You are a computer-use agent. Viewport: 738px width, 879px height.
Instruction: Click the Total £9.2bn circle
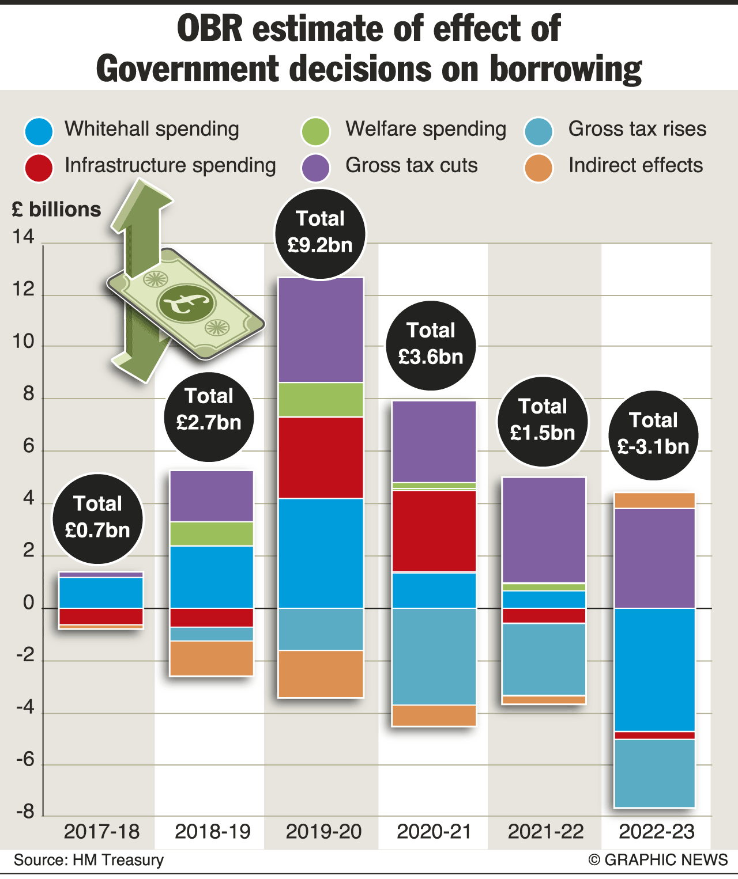pyautogui.click(x=321, y=233)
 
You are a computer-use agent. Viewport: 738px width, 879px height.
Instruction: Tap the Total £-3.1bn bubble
pyautogui.click(x=653, y=435)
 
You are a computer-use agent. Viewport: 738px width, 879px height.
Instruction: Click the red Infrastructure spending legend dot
pyautogui.click(x=39, y=168)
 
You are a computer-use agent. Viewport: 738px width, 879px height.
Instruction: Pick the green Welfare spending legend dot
pyautogui.click(x=315, y=131)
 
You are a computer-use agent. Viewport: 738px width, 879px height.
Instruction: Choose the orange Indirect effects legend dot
pyautogui.click(x=539, y=168)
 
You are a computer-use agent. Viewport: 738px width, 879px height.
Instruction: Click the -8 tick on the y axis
pyautogui.click(x=25, y=812)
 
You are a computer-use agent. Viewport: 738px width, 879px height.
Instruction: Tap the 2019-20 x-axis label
pyautogui.click(x=323, y=832)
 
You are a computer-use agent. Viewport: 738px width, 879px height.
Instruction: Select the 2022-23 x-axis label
pyautogui.click(x=657, y=832)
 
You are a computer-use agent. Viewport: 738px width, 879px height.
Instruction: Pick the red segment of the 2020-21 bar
pyautogui.click(x=434, y=531)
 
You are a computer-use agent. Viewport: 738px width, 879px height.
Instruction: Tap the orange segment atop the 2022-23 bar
pyautogui.click(x=654, y=501)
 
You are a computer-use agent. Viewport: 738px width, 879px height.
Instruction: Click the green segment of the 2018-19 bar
pyautogui.click(x=212, y=534)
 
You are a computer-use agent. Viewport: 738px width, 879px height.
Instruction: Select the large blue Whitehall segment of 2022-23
pyautogui.click(x=654, y=669)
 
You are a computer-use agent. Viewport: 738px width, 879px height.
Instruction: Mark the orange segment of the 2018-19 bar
pyautogui.click(x=212, y=658)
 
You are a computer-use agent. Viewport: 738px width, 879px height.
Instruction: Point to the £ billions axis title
pyautogui.click(x=57, y=209)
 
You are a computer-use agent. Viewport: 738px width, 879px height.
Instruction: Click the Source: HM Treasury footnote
pyautogui.click(x=89, y=860)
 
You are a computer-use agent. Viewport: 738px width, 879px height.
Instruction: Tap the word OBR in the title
pyautogui.click(x=210, y=29)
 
